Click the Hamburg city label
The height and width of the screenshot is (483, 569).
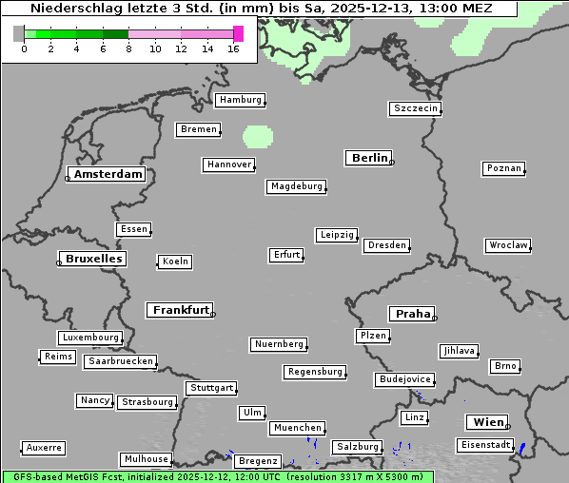point(240,100)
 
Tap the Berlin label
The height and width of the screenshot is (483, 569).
point(369,158)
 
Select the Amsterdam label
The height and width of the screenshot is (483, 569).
point(108,174)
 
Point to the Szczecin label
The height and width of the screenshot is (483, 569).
point(416,108)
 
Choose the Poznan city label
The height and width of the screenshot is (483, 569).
point(503,168)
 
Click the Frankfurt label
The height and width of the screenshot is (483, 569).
point(181,310)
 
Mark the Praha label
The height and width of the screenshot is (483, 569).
point(413,314)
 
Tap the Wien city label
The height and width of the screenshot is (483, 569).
point(487,422)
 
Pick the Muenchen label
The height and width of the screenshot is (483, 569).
point(298,428)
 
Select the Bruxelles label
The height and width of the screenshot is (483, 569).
point(92,259)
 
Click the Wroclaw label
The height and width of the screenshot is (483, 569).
point(508,245)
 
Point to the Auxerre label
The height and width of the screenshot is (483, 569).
point(44,447)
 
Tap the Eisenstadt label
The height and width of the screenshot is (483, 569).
point(484,445)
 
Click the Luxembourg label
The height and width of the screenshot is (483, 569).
point(90,338)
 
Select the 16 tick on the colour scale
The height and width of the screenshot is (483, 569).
point(233,48)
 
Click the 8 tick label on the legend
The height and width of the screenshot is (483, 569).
point(128,48)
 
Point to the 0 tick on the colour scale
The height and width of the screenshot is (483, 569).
point(24,48)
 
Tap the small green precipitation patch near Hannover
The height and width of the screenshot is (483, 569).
point(257,136)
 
